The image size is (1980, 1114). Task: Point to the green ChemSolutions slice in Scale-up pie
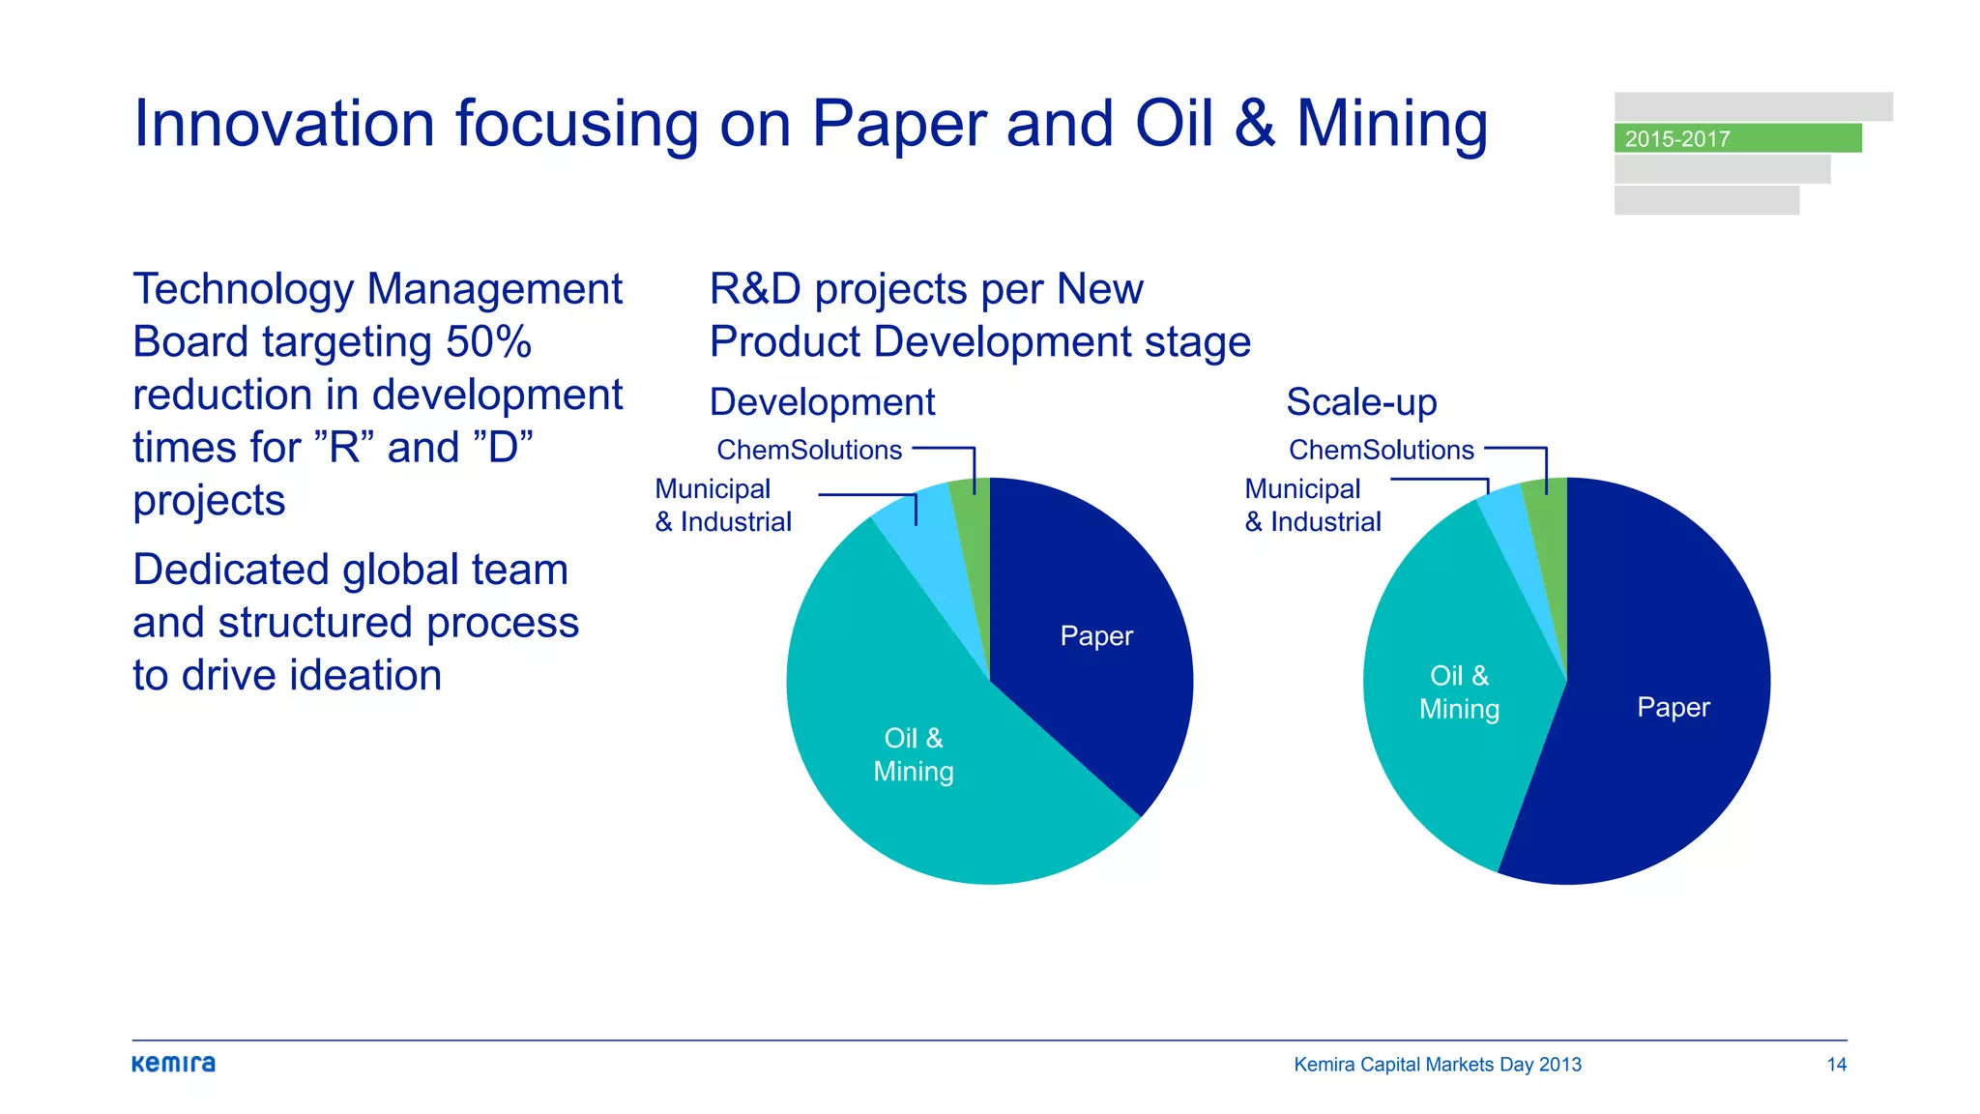click(1547, 542)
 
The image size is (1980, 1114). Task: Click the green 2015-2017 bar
click(1737, 138)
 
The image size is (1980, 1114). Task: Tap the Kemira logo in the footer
click(174, 1064)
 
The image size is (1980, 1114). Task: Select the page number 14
click(1836, 1065)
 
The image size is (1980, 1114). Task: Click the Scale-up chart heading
click(1361, 402)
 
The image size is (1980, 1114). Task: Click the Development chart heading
click(822, 402)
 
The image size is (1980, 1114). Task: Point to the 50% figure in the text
click(488, 342)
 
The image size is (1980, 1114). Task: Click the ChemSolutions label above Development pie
click(809, 450)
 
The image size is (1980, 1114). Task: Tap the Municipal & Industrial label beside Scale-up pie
click(1312, 506)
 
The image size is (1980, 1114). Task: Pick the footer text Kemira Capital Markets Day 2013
click(1437, 1065)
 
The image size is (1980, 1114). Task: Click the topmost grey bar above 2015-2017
click(1753, 106)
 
